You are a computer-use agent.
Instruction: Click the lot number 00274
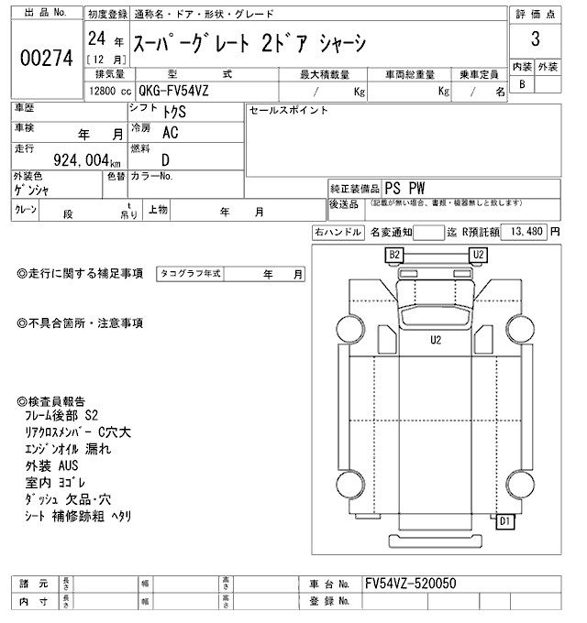(45, 57)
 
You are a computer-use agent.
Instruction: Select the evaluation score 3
(534, 43)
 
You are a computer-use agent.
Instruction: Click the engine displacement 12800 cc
(110, 91)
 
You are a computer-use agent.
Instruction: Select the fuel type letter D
(165, 159)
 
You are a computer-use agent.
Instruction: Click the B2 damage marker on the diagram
(395, 254)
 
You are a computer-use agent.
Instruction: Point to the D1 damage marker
(505, 522)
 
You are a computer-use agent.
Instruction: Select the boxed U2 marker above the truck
(478, 254)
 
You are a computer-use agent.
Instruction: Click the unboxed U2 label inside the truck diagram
(436, 340)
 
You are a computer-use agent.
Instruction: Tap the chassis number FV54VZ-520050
(410, 584)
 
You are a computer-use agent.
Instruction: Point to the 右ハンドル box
(338, 233)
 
